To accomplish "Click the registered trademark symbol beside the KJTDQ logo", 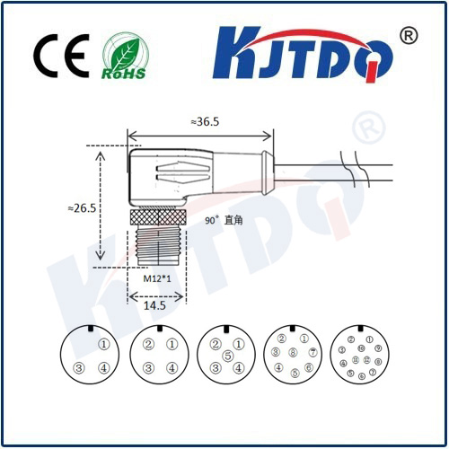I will (x=408, y=36).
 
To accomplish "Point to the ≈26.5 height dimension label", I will (x=81, y=207).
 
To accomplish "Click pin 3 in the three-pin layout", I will (x=79, y=367).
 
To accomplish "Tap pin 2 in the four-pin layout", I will (x=147, y=344).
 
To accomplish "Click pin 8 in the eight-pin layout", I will (x=293, y=353).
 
